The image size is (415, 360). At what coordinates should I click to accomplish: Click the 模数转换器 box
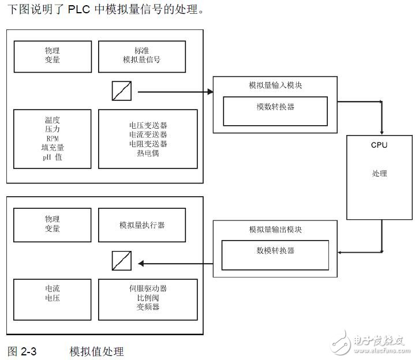pyautogui.click(x=275, y=111)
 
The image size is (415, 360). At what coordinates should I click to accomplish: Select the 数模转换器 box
pyautogui.click(x=275, y=254)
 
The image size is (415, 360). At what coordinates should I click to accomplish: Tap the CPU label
pyautogui.click(x=379, y=145)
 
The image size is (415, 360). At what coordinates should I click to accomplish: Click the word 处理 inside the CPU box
pyautogui.click(x=379, y=174)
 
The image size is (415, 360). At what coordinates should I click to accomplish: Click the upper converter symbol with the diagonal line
pyautogui.click(x=122, y=91)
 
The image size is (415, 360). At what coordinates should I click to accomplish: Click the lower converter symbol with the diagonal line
pyautogui.click(x=122, y=263)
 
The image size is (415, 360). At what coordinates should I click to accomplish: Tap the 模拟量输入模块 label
pyautogui.click(x=275, y=85)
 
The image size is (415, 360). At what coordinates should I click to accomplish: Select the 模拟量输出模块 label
pyautogui.click(x=275, y=229)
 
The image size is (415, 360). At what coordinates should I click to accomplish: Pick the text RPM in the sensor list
pyautogui.click(x=53, y=138)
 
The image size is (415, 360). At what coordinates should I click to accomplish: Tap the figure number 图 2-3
pyautogui.click(x=22, y=351)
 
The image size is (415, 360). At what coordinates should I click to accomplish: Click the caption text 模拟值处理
pyautogui.click(x=96, y=351)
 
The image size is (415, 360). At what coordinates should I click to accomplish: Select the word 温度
pyautogui.click(x=53, y=120)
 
